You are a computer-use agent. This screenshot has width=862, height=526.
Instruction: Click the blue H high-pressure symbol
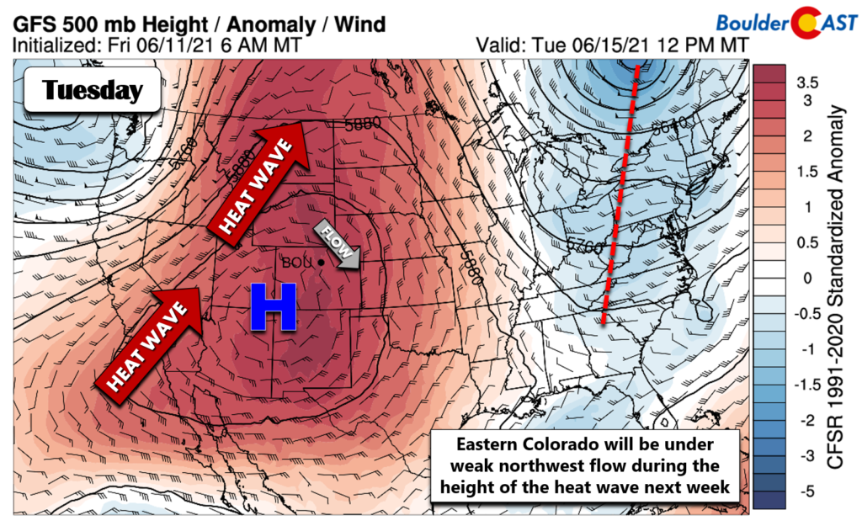click(274, 306)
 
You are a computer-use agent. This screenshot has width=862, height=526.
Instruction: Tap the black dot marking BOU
click(322, 263)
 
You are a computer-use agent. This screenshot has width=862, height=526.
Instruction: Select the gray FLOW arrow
click(338, 247)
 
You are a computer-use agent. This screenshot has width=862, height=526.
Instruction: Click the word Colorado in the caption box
click(554, 445)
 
